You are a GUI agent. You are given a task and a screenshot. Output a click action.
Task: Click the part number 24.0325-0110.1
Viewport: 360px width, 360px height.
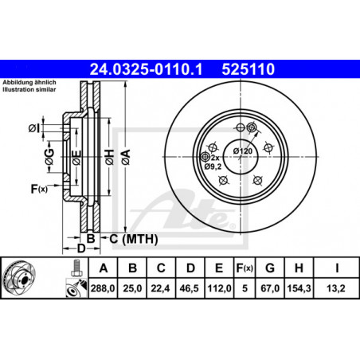click(x=146, y=69)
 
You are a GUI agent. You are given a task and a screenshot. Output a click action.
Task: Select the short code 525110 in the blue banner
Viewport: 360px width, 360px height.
click(x=248, y=69)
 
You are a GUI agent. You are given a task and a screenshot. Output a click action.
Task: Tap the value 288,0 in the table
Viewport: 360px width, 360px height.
click(x=103, y=288)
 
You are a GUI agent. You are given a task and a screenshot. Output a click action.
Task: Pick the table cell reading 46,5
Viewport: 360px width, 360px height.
click(x=189, y=288)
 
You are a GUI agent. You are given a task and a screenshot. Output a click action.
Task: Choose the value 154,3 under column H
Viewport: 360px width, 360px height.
click(x=299, y=288)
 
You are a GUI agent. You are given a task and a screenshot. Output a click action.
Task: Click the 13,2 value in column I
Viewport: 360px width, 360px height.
click(x=336, y=288)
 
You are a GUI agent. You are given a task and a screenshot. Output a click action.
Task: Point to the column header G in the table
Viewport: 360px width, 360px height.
click(x=270, y=268)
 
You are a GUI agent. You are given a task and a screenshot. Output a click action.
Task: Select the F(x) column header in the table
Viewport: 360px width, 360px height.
click(x=245, y=268)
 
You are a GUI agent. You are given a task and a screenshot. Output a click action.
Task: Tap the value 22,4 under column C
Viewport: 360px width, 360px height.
click(x=160, y=288)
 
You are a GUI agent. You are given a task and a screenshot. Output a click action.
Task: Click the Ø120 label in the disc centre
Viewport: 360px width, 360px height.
click(x=243, y=151)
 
